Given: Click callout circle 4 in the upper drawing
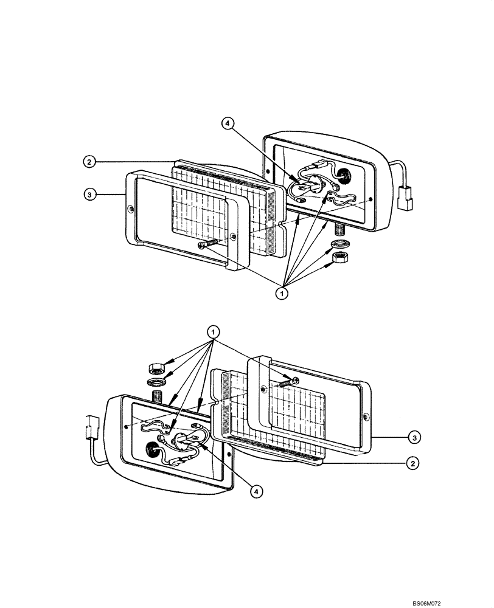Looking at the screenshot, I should click(x=227, y=124).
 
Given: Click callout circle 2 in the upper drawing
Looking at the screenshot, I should click(x=89, y=162).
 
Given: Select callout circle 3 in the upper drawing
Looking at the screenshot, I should click(x=89, y=194).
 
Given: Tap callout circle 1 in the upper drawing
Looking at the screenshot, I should click(x=282, y=293).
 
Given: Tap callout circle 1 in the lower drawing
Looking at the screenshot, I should click(x=212, y=332).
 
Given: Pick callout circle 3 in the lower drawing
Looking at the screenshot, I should click(x=413, y=436).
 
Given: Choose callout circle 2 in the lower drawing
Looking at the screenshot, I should click(x=413, y=463).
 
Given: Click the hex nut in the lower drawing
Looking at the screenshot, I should click(x=155, y=367).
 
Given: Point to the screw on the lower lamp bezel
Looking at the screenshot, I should click(x=288, y=382).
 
